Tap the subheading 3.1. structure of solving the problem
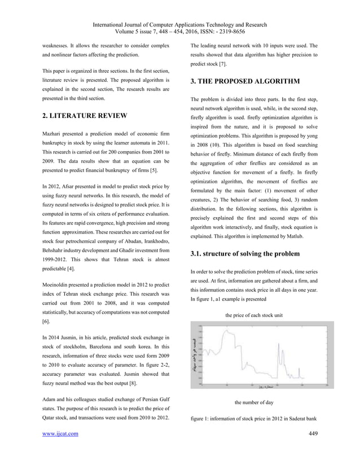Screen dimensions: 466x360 point(246,253)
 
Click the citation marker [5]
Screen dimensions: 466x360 point(146,170)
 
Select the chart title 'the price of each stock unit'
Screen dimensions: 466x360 point(253,314)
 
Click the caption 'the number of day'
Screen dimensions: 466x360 point(253,403)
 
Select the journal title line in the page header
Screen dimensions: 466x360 point(180,25)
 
